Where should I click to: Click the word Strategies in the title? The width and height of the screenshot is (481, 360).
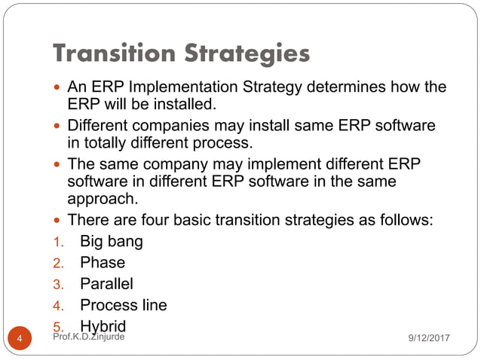(247, 53)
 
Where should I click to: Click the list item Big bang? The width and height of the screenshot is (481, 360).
(112, 243)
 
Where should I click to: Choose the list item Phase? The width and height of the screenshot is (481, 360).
(103, 263)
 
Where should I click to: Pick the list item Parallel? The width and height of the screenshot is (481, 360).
(106, 284)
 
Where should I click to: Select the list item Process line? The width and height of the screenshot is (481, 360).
(124, 305)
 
